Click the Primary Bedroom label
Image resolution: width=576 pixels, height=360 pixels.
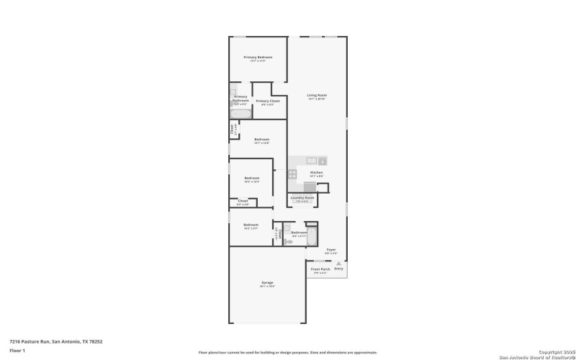258,57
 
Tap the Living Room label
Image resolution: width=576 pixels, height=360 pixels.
317,95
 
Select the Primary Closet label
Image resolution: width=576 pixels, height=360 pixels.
267,102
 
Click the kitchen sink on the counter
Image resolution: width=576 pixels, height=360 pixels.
312,161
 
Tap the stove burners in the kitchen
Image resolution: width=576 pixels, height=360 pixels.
292,174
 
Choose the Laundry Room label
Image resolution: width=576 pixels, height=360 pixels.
302,197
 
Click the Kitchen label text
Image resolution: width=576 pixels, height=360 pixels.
316,172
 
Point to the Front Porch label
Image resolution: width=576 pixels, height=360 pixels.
320,269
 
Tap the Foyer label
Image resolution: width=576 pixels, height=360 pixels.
331,250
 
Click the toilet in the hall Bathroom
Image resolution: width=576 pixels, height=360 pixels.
289,241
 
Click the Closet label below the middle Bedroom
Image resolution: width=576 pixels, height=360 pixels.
243,201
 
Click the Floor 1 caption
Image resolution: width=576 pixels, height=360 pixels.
17,350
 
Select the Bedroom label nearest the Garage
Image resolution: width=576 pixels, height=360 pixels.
251,225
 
